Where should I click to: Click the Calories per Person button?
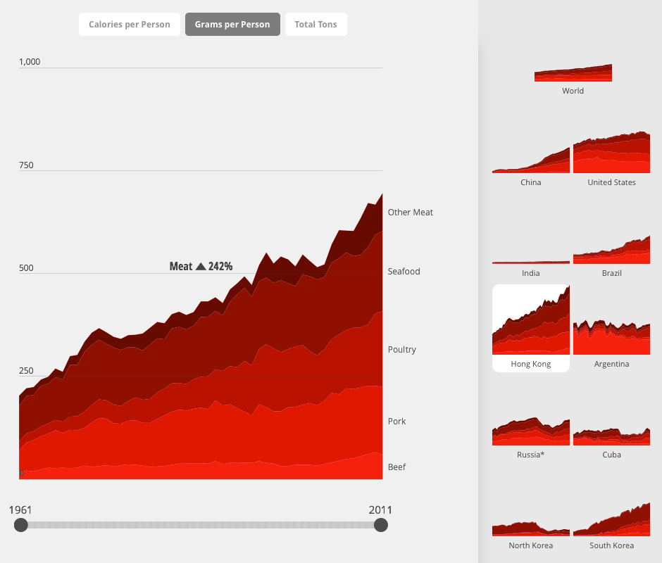pyautogui.click(x=130, y=25)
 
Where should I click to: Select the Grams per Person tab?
pyautogui.click(x=232, y=25)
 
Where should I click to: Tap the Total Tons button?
pyautogui.click(x=316, y=25)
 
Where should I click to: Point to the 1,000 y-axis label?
pyautogui.click(x=30, y=62)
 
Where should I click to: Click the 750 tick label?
pyautogui.click(x=26, y=165)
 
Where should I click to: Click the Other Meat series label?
pyautogui.click(x=411, y=212)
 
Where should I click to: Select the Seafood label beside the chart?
pyautogui.click(x=404, y=272)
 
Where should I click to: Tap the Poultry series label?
pyautogui.click(x=402, y=350)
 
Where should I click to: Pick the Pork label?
pyautogui.click(x=397, y=422)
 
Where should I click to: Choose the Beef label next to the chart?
pyautogui.click(x=397, y=467)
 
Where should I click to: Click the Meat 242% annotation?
pyautogui.click(x=201, y=267)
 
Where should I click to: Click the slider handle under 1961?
pyautogui.click(x=21, y=525)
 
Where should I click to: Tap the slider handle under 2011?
pyautogui.click(x=381, y=525)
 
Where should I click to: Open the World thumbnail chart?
pyautogui.click(x=573, y=73)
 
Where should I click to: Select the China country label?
pyautogui.click(x=531, y=182)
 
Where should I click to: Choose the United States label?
pyautogui.click(x=612, y=182)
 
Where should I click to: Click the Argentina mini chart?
pyautogui.click(x=612, y=338)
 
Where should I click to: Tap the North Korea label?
pyautogui.click(x=531, y=545)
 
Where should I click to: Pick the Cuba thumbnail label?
pyautogui.click(x=612, y=455)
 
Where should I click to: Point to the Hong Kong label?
pyautogui.click(x=531, y=364)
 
